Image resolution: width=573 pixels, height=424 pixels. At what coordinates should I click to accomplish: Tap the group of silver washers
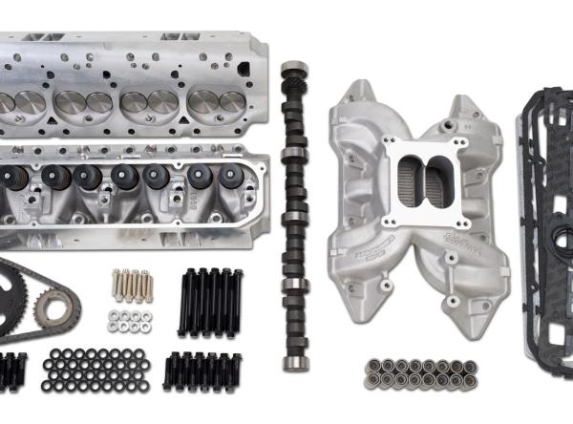[129, 321]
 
